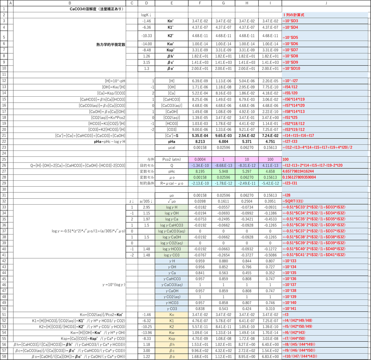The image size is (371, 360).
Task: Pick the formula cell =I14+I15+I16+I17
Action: tap(298, 135)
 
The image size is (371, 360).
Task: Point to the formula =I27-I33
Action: tap(290, 141)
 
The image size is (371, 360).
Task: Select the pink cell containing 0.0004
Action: tap(200, 160)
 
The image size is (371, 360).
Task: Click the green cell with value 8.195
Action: tap(200, 171)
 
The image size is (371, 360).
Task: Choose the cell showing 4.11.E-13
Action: tap(270, 165)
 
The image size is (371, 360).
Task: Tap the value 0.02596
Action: tap(223, 177)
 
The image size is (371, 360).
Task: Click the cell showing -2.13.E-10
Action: tap(200, 183)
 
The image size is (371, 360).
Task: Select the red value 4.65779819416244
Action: tap(298, 171)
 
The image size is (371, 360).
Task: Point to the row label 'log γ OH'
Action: tap(171, 213)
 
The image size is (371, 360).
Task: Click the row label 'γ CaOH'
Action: tap(171, 291)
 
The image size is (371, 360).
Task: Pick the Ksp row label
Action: tap(171, 339)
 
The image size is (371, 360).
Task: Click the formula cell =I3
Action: tap(286, 315)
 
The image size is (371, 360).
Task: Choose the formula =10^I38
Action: tap(289, 291)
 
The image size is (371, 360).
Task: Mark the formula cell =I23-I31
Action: tap(290, 183)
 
